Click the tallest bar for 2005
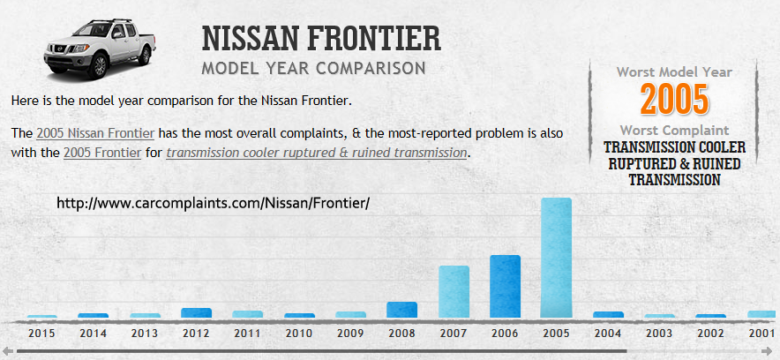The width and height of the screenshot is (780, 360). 556,258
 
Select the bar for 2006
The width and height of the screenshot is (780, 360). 505,286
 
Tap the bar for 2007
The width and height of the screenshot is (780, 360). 454,291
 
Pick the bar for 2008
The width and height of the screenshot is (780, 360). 401,310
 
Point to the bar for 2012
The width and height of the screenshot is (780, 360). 196,312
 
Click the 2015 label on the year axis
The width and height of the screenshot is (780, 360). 41,334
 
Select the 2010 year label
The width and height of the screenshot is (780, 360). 299,334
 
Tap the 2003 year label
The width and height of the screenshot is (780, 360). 659,334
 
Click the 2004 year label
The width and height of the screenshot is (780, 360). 608,334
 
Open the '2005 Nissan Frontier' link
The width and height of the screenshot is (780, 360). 95,134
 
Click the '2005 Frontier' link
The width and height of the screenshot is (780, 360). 102,153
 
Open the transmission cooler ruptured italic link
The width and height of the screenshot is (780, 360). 316,153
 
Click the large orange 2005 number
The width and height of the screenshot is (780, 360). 674,99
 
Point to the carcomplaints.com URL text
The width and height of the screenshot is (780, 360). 213,203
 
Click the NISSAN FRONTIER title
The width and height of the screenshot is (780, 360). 321,39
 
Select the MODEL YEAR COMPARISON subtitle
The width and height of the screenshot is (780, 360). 313,68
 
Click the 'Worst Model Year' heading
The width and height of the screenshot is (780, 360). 674,71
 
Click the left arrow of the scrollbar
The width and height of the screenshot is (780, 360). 7,352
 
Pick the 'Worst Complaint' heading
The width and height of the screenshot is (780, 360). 674,131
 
